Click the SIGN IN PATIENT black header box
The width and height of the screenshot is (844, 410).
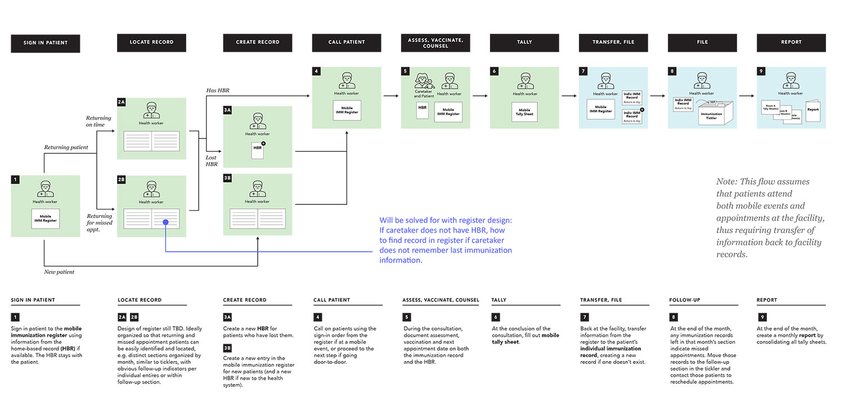point(45,43)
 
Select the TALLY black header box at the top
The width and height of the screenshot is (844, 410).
point(524,43)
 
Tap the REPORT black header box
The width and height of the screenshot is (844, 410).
point(791,43)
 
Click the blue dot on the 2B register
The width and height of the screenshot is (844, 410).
point(165,222)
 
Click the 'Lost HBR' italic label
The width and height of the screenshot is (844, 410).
point(211,161)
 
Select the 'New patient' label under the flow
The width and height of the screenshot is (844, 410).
point(59,272)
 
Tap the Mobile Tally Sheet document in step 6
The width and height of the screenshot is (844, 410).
point(524,112)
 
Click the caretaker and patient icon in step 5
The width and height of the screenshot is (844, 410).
point(423,82)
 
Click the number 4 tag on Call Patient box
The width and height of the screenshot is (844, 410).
point(317,72)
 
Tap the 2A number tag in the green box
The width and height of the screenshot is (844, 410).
point(122,102)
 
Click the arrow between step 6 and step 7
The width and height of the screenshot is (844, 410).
point(569,96)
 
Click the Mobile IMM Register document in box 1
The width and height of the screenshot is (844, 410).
point(45,219)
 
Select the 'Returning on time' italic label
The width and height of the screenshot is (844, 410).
point(98,121)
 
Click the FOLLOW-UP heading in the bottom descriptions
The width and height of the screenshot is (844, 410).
point(685,300)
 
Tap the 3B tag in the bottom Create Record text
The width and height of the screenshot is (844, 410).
point(227,348)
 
